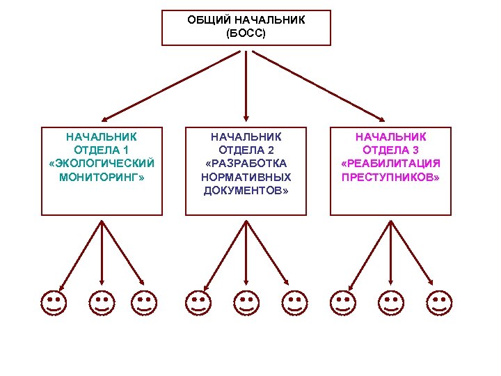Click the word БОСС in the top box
(x=246, y=33)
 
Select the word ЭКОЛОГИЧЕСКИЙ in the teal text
(x=102, y=163)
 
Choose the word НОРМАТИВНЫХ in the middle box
(x=246, y=177)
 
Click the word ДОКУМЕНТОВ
(x=244, y=190)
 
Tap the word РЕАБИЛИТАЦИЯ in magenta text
(x=392, y=163)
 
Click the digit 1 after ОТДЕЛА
(x=126, y=150)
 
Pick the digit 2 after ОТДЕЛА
(x=271, y=150)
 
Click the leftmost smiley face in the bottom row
(x=53, y=303)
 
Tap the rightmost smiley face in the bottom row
(x=438, y=303)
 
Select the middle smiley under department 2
(x=246, y=303)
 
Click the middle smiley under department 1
(x=102, y=303)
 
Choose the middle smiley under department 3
(x=390, y=303)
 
